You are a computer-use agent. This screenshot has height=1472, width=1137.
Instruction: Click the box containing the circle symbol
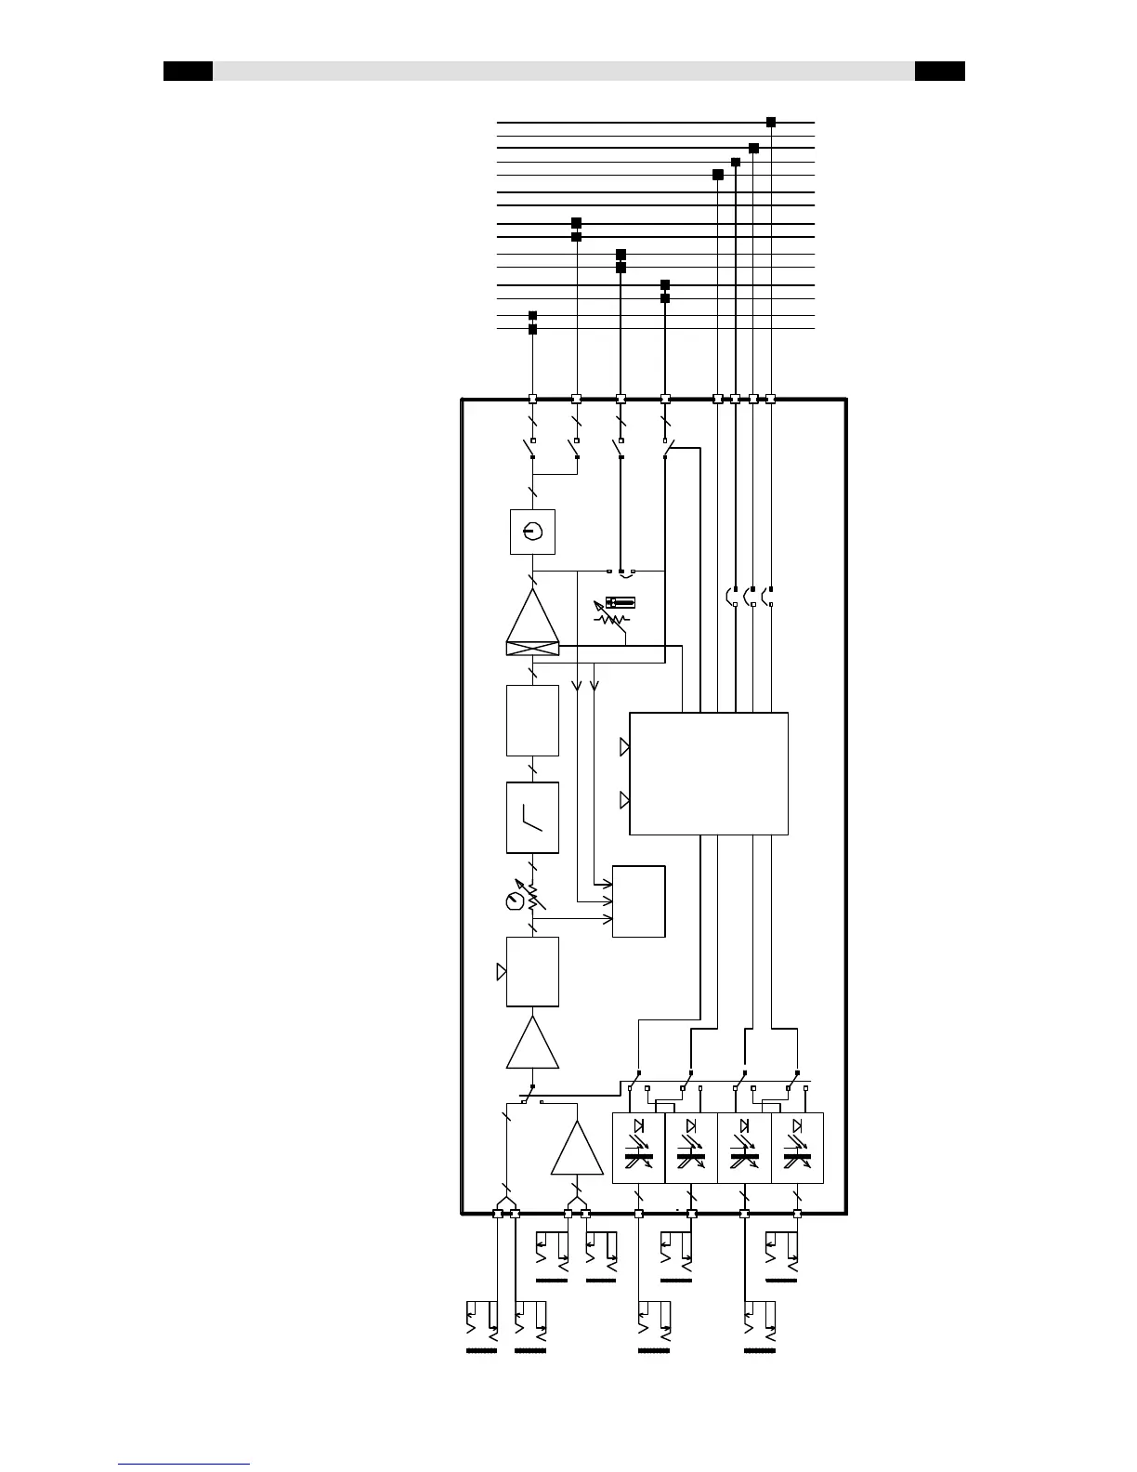(x=532, y=532)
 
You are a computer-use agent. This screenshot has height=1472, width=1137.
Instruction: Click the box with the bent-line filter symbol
(x=532, y=817)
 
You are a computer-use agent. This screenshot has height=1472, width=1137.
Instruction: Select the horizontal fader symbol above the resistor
(x=620, y=603)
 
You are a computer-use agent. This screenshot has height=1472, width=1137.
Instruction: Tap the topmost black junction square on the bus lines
(x=770, y=122)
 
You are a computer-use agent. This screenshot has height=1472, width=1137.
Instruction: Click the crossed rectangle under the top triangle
(x=532, y=648)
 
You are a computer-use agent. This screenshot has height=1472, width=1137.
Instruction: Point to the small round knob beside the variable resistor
(x=514, y=901)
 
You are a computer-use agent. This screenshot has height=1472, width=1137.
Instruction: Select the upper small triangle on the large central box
(x=625, y=746)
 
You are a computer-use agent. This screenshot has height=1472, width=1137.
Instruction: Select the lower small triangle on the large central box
(x=625, y=799)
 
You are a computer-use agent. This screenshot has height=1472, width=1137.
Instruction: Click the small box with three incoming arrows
(x=638, y=901)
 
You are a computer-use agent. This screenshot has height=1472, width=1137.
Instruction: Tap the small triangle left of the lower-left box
(x=502, y=972)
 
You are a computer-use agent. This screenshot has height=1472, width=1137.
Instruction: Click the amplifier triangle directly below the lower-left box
(x=532, y=1043)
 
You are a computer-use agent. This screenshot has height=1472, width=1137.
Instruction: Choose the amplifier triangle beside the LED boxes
(x=577, y=1149)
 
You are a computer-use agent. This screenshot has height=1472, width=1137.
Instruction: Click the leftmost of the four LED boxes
(x=638, y=1148)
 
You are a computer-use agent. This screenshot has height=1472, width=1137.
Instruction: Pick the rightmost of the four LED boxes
(x=797, y=1148)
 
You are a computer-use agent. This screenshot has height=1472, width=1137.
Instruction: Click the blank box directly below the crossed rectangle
(x=532, y=720)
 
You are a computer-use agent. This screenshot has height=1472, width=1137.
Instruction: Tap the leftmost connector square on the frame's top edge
(x=532, y=400)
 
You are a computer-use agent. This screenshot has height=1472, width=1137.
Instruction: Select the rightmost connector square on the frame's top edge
(x=770, y=400)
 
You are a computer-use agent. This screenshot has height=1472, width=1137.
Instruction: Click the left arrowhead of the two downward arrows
(x=576, y=686)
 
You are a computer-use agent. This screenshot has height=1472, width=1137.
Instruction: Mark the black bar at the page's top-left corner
(x=188, y=72)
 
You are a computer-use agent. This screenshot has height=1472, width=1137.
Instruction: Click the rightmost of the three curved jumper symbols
(x=767, y=597)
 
